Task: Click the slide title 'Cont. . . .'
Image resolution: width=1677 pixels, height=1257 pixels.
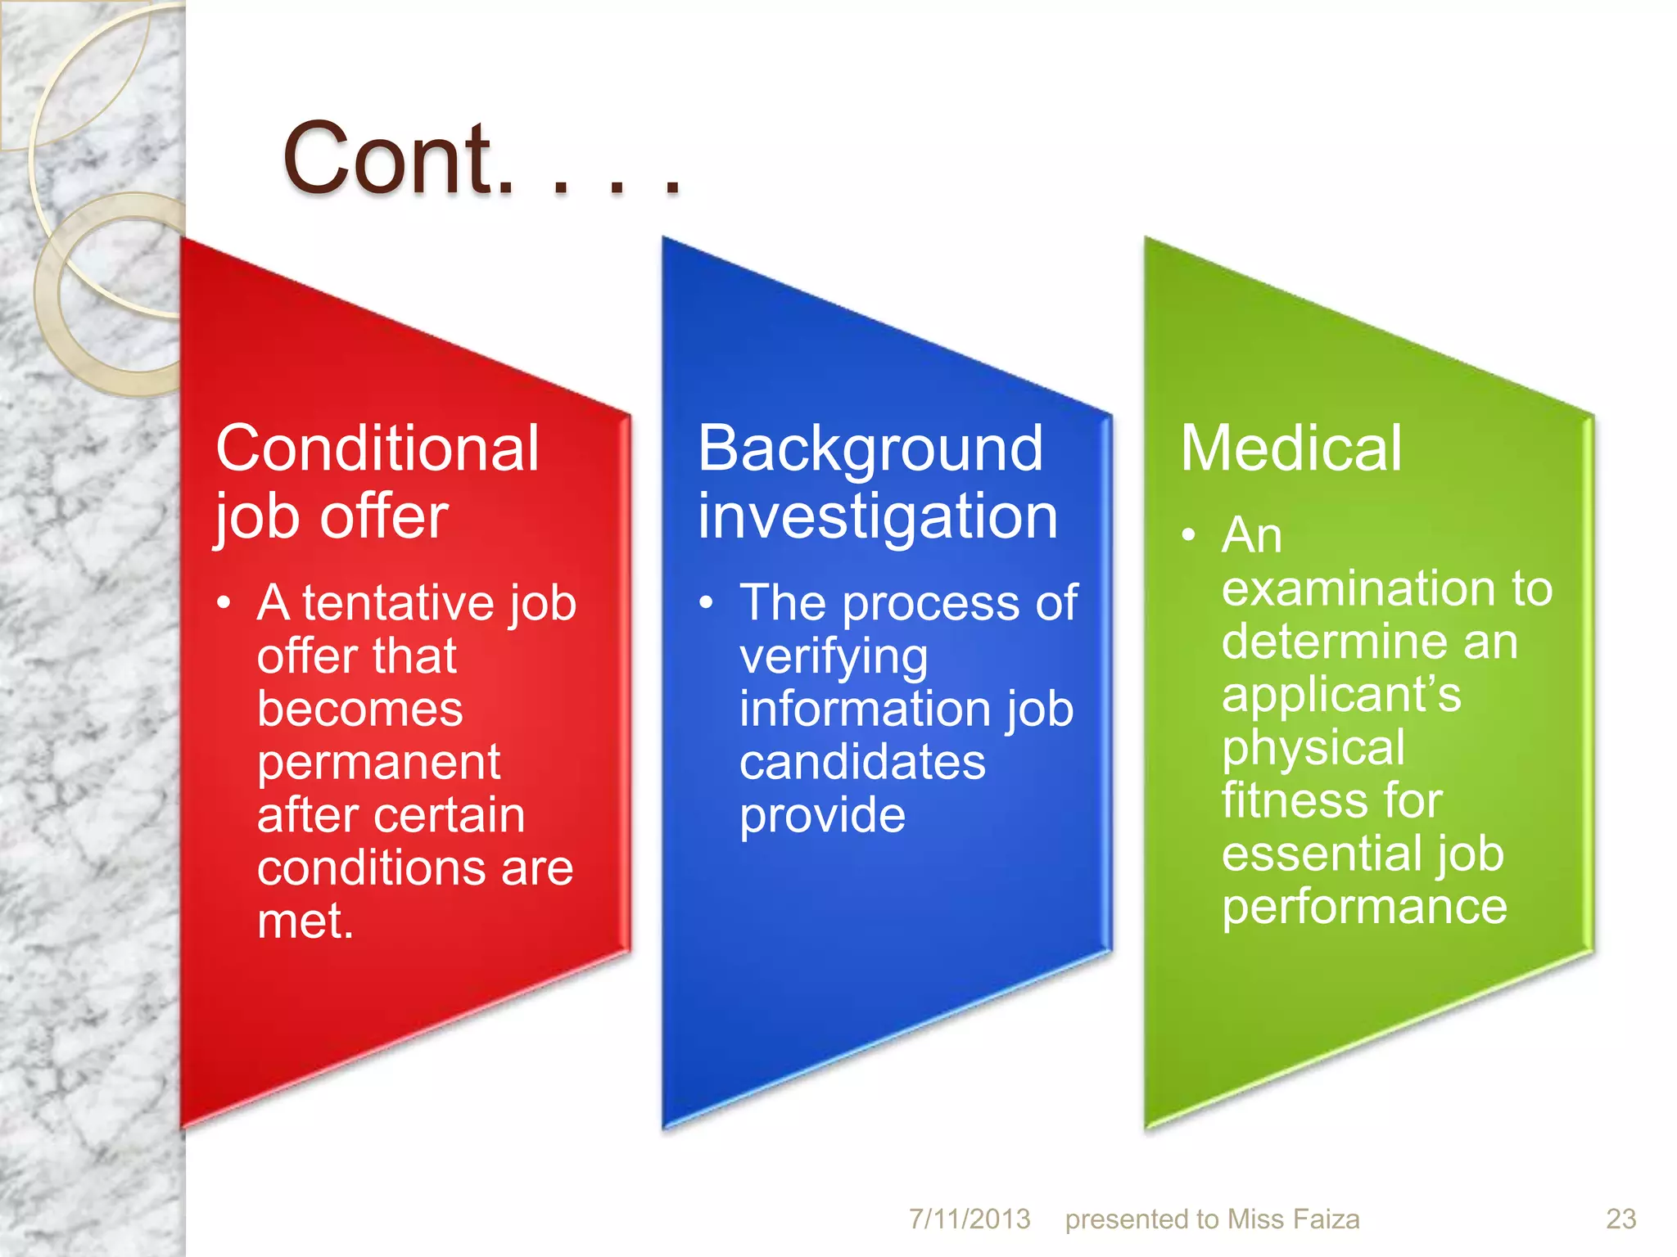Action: point(481,159)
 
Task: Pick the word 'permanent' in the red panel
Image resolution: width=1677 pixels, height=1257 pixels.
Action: point(378,762)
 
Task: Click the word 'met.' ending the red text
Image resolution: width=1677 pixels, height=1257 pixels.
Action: point(305,921)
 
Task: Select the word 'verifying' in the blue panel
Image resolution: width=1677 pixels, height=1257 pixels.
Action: point(834,656)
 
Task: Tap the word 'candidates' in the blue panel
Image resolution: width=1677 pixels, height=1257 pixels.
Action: point(862,762)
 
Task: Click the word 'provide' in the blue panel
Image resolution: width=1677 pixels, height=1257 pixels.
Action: point(822,815)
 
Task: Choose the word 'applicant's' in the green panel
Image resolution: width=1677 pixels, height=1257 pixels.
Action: point(1341,694)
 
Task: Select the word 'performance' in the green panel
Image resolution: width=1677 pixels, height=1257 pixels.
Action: point(1364,906)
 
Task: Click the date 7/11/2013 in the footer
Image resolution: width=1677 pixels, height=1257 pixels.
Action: point(970,1219)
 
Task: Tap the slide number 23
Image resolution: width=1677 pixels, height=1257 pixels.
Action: point(1620,1219)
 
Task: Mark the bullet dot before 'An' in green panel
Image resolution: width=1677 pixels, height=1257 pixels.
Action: point(1189,536)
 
